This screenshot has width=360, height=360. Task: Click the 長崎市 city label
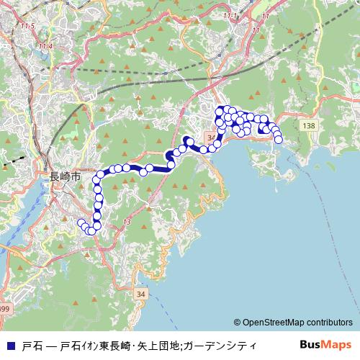pyautogui.click(x=64, y=175)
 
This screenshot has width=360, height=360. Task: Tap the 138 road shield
pyautogui.click(x=309, y=126)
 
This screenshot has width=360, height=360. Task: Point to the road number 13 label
pyautogui.click(x=127, y=221)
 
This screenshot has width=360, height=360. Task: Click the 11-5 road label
pyautogui.click(x=28, y=26)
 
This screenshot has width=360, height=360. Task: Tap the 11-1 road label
pyautogui.click(x=230, y=35)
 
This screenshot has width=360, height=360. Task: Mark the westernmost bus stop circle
pyautogui.click(x=80, y=222)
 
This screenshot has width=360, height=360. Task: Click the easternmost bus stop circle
pyautogui.click(x=279, y=140)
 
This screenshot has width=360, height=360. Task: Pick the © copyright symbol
pyautogui.click(x=237, y=323)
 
